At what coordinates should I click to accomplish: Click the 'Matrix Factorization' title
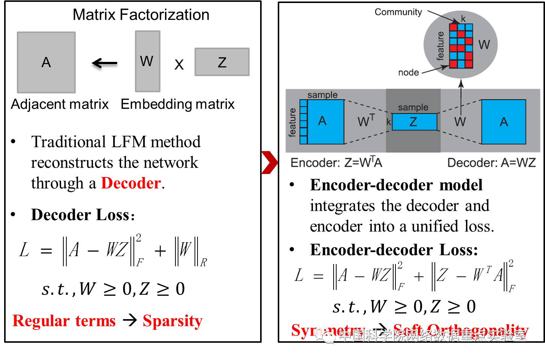coord(141,15)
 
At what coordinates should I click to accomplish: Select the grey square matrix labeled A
coord(46,62)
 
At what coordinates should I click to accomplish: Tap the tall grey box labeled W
coord(147,61)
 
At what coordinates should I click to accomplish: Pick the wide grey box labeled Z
coord(222,62)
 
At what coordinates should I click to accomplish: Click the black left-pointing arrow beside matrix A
coord(105,63)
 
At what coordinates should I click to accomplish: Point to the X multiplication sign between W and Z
coord(179,65)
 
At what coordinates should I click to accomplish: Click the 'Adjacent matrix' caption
coord(60,104)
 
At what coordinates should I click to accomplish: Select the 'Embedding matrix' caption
coord(177,104)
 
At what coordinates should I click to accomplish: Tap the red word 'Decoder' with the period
coord(133,183)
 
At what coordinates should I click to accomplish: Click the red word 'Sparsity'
coord(172,321)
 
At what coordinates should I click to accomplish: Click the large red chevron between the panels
coord(269,162)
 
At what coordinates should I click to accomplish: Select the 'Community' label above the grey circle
coord(398,12)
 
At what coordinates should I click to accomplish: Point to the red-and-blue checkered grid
coord(461,46)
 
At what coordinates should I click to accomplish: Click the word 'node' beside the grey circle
coord(408,72)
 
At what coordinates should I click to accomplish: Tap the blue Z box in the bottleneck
coord(414,121)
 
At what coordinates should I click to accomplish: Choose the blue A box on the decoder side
coord(503,121)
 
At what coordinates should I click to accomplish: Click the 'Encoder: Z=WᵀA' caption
coord(336,162)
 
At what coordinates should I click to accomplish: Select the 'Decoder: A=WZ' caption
coord(491,162)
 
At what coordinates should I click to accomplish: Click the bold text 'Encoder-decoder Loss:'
coord(394,250)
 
